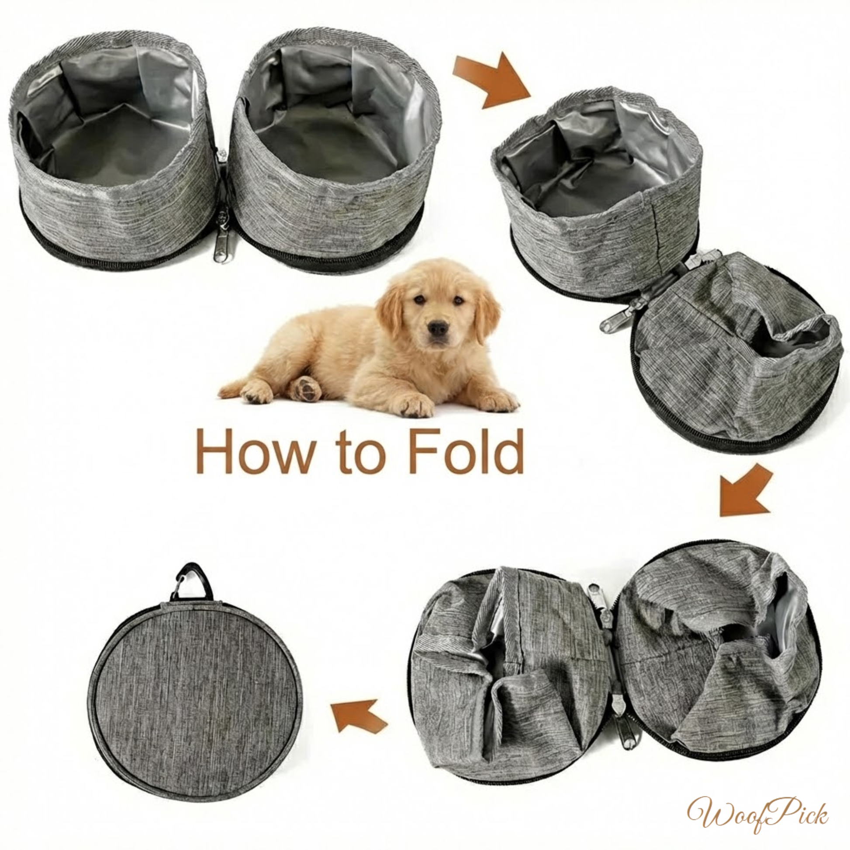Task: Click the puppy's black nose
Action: (x=439, y=328)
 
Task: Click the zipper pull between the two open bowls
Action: (x=220, y=246)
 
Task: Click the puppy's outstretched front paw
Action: (x=416, y=406)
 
